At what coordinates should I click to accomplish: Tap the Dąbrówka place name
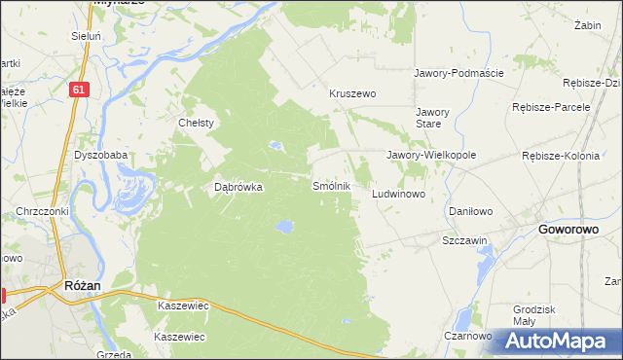(238, 188)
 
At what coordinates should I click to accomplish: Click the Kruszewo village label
(352, 94)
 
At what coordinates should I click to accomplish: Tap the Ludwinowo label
(399, 195)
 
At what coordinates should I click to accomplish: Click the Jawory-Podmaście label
(458, 73)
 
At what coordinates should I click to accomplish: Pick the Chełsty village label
(196, 124)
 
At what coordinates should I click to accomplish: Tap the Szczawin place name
(464, 239)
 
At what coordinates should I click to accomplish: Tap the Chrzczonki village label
(40, 211)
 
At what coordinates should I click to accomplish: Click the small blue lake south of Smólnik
(283, 228)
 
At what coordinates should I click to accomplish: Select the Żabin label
(586, 24)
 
